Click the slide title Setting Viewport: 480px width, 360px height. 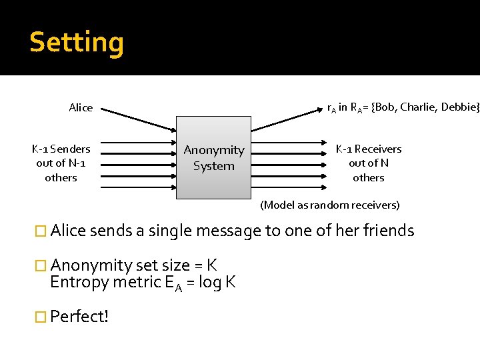click(77, 42)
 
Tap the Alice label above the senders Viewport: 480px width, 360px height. click(81, 108)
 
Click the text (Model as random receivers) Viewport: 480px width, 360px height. click(330, 205)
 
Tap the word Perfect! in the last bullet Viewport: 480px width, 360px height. click(79, 317)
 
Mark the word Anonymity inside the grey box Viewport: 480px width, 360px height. click(214, 151)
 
